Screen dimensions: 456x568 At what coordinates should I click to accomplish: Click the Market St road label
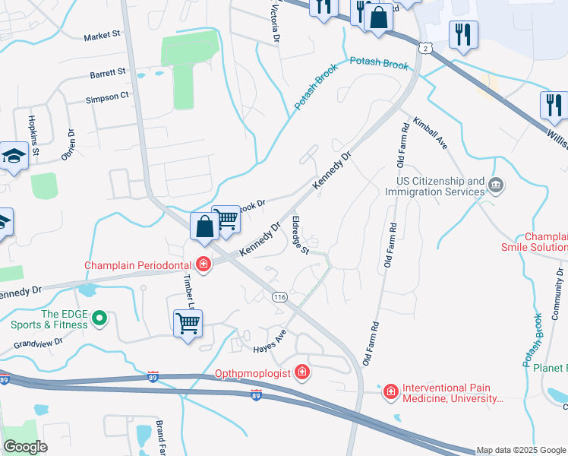coord(103,36)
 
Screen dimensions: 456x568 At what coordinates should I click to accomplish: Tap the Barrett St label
coord(107,73)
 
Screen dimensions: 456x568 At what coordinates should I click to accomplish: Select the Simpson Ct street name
coord(108,97)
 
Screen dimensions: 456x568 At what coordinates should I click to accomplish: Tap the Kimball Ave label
coord(430,133)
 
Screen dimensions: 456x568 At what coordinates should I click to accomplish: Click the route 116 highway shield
coord(279,297)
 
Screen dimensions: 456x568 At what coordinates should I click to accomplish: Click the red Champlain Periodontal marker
coord(203,265)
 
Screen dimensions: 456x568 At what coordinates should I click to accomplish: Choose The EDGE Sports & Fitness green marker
coord(99,320)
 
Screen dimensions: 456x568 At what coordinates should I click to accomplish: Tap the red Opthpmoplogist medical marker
coord(302,372)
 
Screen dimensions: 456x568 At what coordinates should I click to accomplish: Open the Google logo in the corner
coord(24,447)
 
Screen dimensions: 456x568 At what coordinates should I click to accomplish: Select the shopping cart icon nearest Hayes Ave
coord(187,323)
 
